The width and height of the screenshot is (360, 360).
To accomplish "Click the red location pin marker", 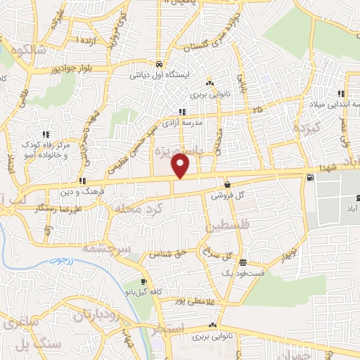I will click(181, 166).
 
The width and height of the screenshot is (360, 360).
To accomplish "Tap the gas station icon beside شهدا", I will click(309, 177).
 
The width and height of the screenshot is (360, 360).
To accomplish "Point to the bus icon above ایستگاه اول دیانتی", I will click(160, 62).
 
